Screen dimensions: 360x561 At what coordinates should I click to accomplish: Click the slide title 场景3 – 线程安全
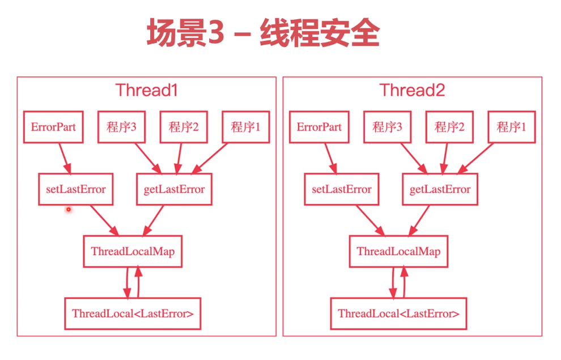pyautogui.click(x=262, y=33)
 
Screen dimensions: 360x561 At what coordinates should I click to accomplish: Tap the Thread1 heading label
pyautogui.click(x=146, y=90)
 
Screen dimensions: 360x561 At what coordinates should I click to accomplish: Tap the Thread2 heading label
pyautogui.click(x=412, y=90)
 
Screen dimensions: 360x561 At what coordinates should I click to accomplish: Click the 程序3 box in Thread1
pyautogui.click(x=121, y=127)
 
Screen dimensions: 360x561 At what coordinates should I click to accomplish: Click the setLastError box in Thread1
pyautogui.click(x=76, y=189)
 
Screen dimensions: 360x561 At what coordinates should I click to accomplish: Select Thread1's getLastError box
pyautogui.click(x=175, y=189)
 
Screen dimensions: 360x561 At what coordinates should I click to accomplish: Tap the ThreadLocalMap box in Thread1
pyautogui.click(x=133, y=252)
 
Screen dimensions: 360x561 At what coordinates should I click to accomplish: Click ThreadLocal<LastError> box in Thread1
pyautogui.click(x=133, y=314)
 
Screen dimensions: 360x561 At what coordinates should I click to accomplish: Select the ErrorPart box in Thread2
pyautogui.click(x=319, y=127)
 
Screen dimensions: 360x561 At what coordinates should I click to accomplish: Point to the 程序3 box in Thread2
pyautogui.click(x=388, y=127)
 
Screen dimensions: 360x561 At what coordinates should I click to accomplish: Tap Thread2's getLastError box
pyautogui.click(x=440, y=189)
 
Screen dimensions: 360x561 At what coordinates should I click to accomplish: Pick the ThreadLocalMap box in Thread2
pyautogui.click(x=398, y=252)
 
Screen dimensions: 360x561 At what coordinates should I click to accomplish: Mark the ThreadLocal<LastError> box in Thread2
pyautogui.click(x=398, y=314)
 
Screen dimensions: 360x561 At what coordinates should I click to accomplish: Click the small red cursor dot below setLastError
pyautogui.click(x=69, y=210)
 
